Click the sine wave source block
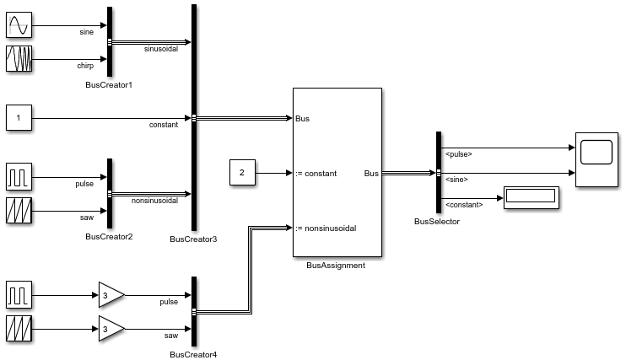click(19, 26)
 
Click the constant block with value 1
click(19, 118)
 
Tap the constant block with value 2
click(242, 173)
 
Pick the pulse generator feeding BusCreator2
click(19, 177)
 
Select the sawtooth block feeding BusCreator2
click(19, 211)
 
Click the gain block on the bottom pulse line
click(111, 295)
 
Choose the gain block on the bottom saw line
click(111, 328)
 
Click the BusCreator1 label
click(109, 85)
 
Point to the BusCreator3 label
click(193, 239)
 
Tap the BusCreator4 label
click(193, 354)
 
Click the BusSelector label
click(437, 221)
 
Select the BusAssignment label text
click(336, 265)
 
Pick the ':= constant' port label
click(316, 174)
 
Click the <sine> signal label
click(456, 179)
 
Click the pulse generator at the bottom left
click(19, 295)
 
